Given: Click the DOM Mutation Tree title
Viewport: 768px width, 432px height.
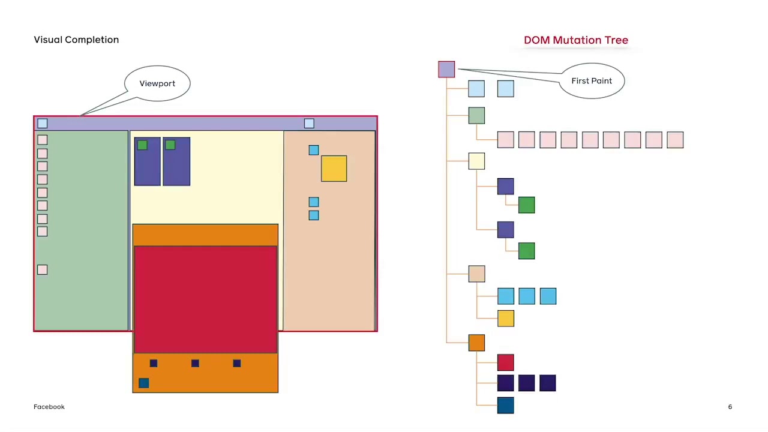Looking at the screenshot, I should (x=575, y=40).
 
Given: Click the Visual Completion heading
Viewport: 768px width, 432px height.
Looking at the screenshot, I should (x=76, y=40).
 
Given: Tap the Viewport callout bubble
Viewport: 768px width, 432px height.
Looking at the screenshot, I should (x=157, y=83).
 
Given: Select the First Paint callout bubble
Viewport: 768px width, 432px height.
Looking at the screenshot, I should (x=592, y=80).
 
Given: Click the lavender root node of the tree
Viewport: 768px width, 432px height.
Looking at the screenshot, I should (x=446, y=70).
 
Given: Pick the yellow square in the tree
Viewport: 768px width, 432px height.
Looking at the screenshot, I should (x=505, y=318).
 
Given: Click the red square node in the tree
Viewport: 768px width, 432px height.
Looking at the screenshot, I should (x=505, y=362).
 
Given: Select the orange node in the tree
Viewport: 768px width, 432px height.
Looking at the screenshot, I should (x=476, y=343).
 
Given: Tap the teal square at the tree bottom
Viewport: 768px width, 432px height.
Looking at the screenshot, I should (x=505, y=405).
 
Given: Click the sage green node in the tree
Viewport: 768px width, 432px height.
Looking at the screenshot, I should (x=476, y=115).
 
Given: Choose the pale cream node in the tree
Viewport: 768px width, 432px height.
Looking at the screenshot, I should (x=476, y=161).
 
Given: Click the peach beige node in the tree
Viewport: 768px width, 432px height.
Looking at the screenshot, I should (x=476, y=274).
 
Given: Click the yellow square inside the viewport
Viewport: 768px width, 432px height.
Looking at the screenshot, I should (x=334, y=169).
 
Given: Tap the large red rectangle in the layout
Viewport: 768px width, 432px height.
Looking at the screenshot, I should (x=205, y=299).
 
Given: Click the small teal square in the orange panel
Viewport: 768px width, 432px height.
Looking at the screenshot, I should (x=143, y=383).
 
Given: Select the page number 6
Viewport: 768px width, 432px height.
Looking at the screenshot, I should (x=730, y=407).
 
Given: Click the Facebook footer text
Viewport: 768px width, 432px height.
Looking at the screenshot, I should (x=49, y=407).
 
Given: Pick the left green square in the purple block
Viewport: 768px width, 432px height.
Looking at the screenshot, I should (x=142, y=145).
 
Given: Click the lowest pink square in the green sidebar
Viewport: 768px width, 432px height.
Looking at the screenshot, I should (x=42, y=269).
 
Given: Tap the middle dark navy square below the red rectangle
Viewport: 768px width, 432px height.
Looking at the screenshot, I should (x=195, y=363).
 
